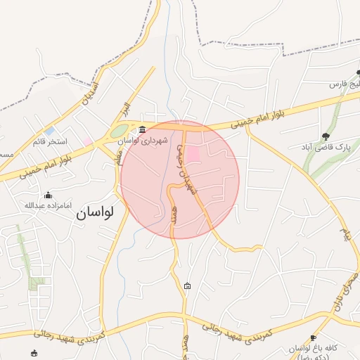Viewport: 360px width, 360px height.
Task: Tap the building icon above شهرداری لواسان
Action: (143, 129)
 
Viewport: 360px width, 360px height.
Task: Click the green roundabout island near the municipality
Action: (119, 131)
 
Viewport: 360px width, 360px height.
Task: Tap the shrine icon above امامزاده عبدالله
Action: (48, 195)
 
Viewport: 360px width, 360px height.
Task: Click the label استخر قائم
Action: (48, 141)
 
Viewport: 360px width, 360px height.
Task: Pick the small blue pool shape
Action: (49, 131)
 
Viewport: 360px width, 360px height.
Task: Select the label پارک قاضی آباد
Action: (330, 147)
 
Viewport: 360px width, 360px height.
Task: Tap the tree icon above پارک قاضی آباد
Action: (325, 136)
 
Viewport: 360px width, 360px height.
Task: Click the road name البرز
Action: (124, 110)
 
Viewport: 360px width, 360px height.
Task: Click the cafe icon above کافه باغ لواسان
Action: (313, 338)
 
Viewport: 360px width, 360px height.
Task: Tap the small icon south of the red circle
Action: (187, 285)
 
